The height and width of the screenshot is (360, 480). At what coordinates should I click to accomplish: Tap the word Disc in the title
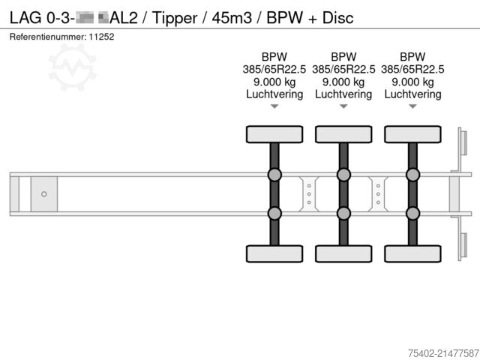[x=337, y=17]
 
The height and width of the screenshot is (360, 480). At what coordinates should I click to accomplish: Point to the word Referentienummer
[x=46, y=36]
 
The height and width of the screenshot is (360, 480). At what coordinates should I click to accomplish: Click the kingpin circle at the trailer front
[x=44, y=194]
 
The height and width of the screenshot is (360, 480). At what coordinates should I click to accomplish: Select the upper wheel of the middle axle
[x=343, y=134]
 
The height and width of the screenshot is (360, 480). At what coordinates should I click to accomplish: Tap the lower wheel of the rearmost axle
[x=412, y=253]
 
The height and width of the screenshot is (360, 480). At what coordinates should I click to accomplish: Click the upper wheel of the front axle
[x=274, y=134]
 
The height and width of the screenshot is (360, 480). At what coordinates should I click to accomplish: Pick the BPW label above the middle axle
[x=343, y=56]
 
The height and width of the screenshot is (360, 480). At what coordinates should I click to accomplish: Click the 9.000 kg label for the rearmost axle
[x=412, y=82]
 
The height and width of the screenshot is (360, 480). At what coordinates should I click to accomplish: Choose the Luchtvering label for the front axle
[x=274, y=94]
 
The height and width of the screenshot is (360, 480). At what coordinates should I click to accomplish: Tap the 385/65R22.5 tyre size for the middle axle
[x=343, y=69]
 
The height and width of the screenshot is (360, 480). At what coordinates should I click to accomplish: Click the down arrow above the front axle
[x=274, y=107]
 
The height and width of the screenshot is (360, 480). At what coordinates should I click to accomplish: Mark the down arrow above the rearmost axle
[x=412, y=107]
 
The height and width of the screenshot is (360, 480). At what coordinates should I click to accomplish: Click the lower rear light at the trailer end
[x=463, y=247]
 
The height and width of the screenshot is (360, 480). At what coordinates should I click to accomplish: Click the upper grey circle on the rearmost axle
[x=412, y=175]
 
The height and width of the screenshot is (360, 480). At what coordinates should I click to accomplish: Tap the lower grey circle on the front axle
[x=274, y=213]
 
